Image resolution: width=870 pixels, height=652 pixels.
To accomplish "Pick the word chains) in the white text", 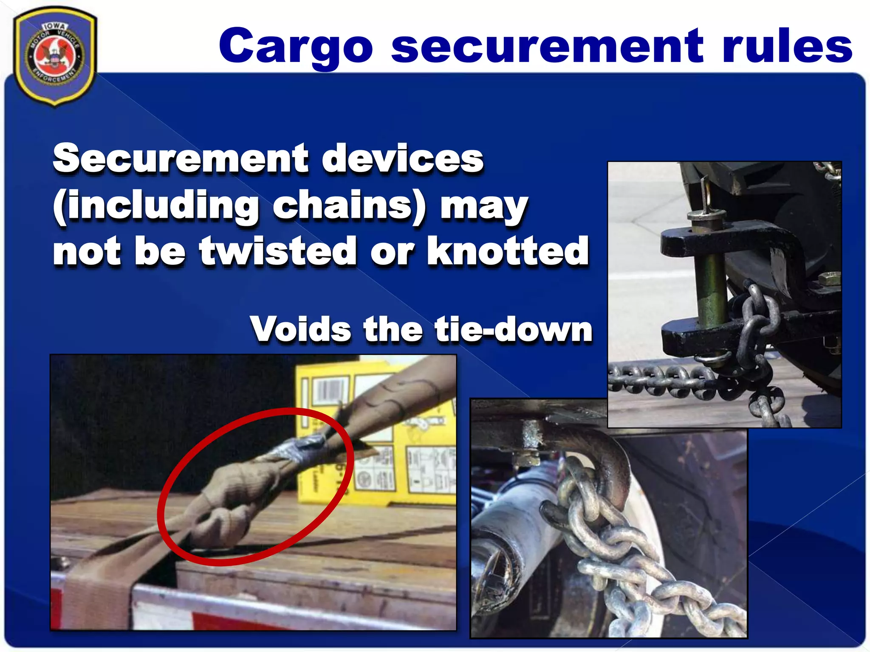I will (349, 205).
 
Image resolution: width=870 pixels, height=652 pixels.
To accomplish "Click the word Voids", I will (300, 329).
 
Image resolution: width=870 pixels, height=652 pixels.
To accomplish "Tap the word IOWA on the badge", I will (54, 26).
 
